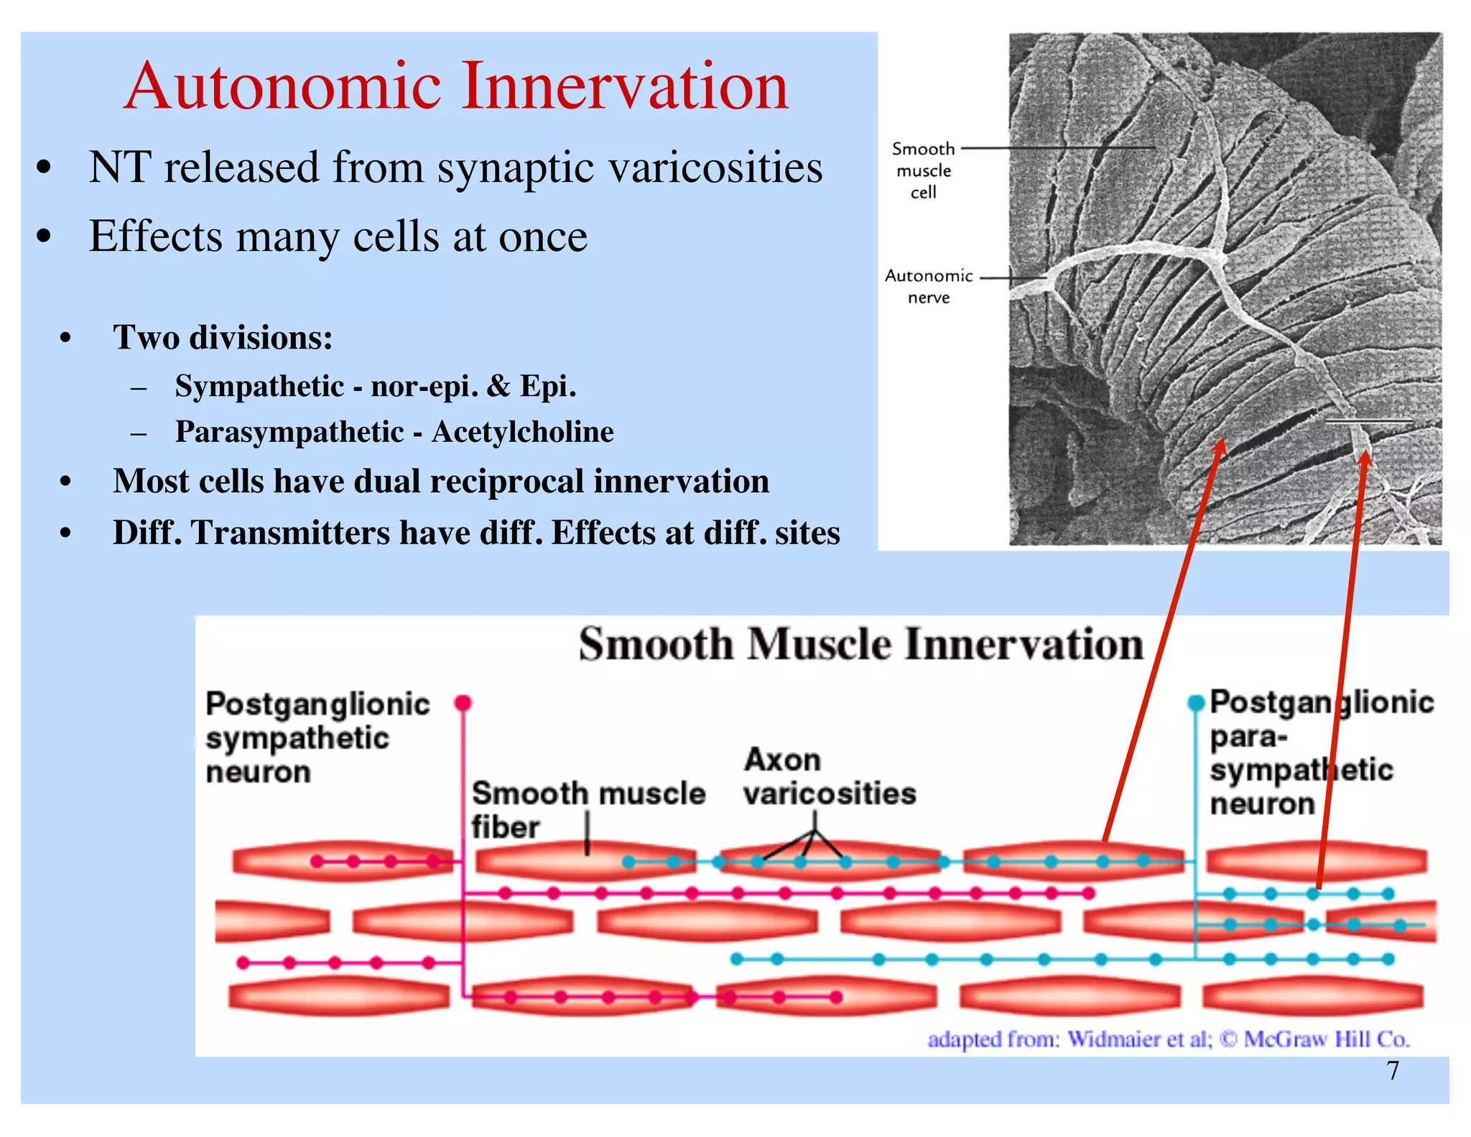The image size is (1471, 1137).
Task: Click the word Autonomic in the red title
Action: click(282, 87)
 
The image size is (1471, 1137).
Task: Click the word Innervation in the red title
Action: click(625, 87)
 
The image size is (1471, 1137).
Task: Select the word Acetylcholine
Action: click(522, 432)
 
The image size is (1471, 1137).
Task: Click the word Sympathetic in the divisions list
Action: click(259, 387)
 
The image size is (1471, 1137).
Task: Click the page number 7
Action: click(1393, 1070)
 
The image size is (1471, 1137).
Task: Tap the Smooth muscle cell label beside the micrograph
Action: click(923, 170)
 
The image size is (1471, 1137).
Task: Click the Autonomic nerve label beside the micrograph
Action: click(928, 286)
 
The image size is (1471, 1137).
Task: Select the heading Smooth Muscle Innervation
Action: click(860, 643)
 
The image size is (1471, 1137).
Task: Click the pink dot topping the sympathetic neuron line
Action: click(463, 702)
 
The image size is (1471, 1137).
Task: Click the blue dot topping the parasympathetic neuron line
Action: click(1195, 702)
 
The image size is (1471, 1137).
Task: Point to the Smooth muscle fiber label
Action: click(588, 809)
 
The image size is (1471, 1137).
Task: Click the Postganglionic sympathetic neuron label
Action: click(316, 737)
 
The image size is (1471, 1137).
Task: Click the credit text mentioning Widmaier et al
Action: click(1168, 1039)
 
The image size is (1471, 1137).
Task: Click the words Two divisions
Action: click(223, 338)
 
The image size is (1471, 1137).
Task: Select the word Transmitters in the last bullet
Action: click(291, 533)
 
